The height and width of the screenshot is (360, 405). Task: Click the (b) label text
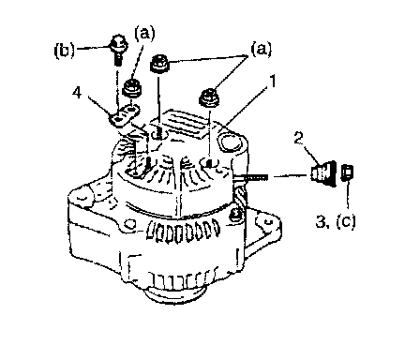(65, 51)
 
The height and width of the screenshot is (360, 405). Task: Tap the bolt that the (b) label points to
(118, 50)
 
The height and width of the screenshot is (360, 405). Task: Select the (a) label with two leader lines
(261, 50)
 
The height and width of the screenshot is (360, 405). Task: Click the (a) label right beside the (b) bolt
(144, 34)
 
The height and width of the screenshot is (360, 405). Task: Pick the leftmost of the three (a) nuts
(132, 87)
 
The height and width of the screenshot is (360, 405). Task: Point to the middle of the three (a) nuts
(160, 63)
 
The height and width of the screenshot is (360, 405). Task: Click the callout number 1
(273, 82)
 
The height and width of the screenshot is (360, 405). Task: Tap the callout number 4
(77, 93)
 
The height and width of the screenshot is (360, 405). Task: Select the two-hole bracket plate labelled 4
(124, 115)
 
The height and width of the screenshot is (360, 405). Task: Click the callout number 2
(299, 139)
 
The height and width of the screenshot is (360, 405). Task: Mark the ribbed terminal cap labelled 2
(323, 173)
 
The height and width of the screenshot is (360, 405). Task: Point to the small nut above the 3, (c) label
(347, 172)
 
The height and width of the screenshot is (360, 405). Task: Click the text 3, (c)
(336, 221)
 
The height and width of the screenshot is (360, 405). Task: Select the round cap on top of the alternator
(231, 142)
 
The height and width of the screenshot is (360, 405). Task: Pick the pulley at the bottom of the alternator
(175, 294)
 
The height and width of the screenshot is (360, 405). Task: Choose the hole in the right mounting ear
(266, 222)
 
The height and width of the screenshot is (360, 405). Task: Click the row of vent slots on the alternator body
(184, 232)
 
